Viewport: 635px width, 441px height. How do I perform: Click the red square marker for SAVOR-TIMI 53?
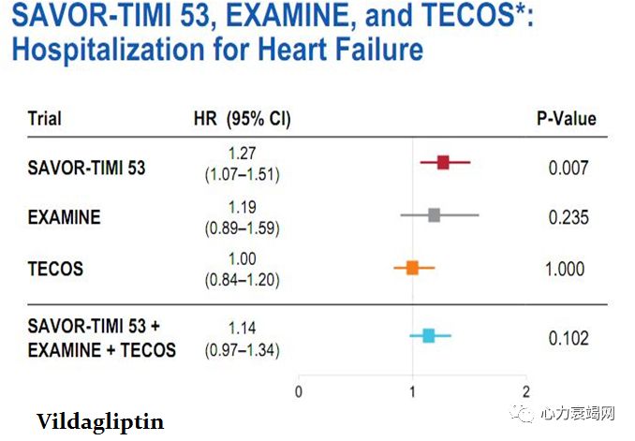coord(443,162)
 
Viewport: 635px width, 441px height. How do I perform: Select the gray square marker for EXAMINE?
coord(434,215)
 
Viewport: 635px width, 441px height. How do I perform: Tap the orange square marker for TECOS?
coord(412,269)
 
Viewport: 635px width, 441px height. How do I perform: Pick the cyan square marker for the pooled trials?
coord(428,335)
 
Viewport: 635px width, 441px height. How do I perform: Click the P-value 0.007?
coord(569,169)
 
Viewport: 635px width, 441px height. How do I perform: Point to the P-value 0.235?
coord(569,217)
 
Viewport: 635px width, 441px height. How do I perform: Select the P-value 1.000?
coord(565,270)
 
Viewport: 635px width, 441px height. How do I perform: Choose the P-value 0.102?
coord(569,338)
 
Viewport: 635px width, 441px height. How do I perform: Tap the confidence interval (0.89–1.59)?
coord(242,227)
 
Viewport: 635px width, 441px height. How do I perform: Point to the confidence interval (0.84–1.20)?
coord(242,279)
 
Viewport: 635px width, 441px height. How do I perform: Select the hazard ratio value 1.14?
coord(242,329)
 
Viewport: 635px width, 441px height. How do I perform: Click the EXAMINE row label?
coord(64,217)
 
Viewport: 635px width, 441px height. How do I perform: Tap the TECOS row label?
coord(55,270)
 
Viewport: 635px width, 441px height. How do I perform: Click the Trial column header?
coord(45,119)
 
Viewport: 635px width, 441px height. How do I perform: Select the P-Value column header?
coord(566,119)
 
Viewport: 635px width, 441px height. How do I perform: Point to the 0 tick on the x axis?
coord(299,391)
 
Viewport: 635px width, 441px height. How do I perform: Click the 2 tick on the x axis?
coord(525,391)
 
